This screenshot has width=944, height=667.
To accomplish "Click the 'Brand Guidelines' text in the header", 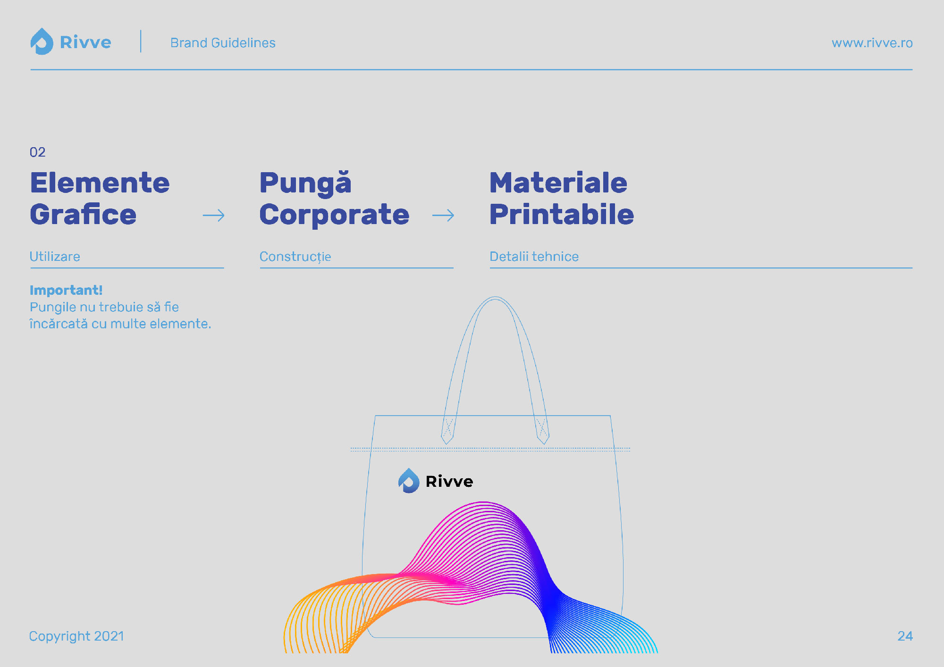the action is (223, 43).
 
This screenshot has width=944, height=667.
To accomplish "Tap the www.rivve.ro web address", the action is (872, 43).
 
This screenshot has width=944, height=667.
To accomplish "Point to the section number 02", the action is (37, 152).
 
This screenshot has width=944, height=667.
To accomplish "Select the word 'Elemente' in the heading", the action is (100, 183).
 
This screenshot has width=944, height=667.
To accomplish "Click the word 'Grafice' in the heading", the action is (83, 215).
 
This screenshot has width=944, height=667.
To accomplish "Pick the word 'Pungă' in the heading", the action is (305, 183).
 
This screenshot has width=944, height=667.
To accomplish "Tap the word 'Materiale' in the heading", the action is (558, 183).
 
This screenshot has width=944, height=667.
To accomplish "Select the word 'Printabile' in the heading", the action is (562, 215).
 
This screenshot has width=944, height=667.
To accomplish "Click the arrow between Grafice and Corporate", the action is (213, 216).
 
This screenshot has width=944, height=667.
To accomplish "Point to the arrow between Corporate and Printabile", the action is (443, 216).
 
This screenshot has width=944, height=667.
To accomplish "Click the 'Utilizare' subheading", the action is (55, 257).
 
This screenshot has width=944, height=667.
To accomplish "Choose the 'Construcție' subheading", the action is (295, 257).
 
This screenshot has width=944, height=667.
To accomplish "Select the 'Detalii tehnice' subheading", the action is (534, 257).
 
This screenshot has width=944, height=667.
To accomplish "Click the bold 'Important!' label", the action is (66, 290).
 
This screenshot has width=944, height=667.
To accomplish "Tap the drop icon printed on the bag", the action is (409, 481).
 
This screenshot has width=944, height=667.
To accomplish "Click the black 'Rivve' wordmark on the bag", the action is (449, 481).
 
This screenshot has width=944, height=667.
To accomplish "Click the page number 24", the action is (905, 636).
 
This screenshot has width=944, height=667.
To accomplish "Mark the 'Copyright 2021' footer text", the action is (76, 636).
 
